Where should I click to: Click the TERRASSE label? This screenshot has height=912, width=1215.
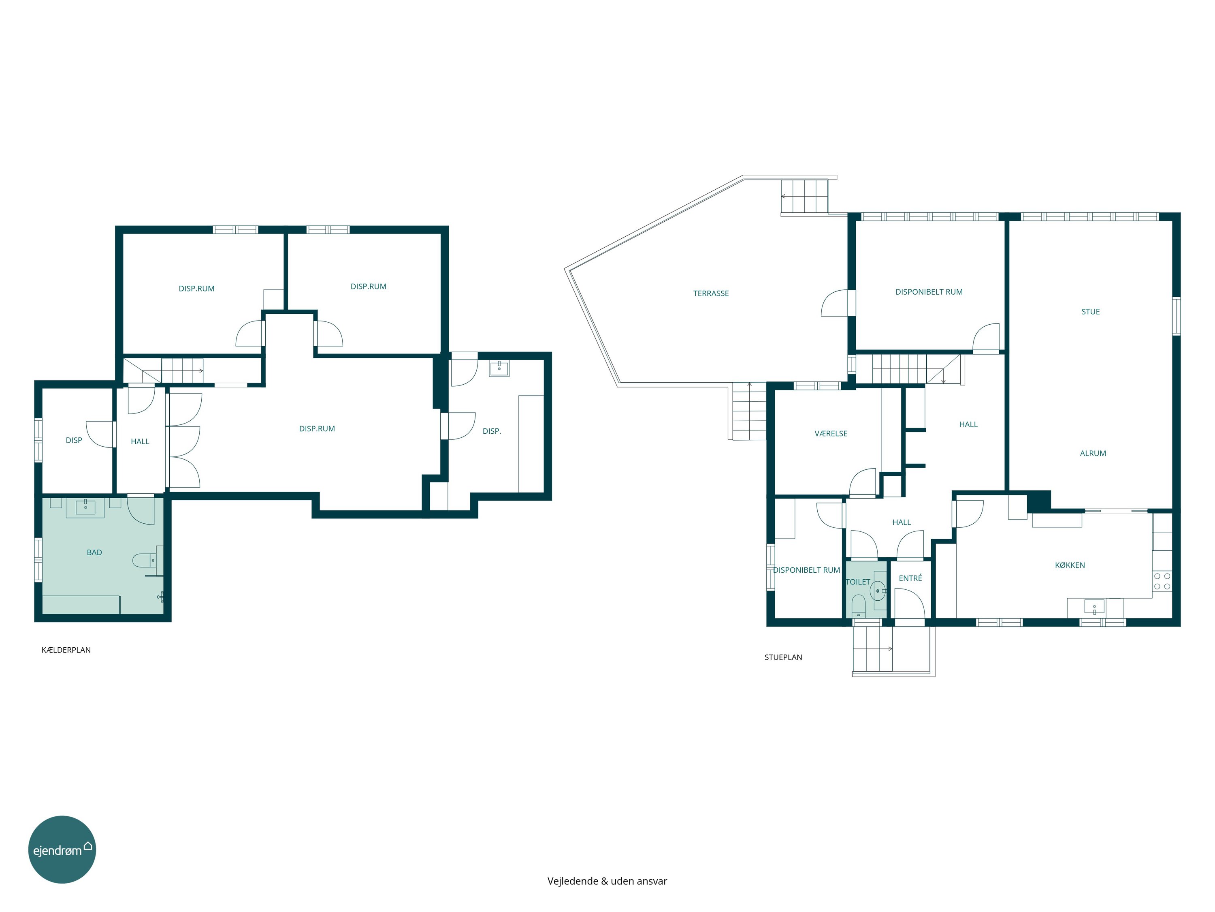(711, 293)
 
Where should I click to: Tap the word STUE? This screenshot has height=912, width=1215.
(1090, 312)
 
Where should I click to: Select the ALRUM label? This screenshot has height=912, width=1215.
(1093, 454)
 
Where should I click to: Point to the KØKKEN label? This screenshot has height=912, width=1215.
(1070, 565)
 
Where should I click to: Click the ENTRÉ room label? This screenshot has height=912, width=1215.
(910, 578)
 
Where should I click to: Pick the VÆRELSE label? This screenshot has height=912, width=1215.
(831, 434)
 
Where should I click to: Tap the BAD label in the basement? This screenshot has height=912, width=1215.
(94, 552)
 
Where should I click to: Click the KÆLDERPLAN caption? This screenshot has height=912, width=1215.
(66, 650)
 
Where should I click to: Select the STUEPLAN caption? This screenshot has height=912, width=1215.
(783, 657)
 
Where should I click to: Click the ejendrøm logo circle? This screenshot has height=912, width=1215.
(62, 849)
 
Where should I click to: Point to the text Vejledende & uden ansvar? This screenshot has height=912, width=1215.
(607, 881)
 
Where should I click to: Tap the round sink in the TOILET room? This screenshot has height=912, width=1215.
(878, 591)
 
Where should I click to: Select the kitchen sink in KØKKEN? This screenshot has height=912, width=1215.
(1094, 608)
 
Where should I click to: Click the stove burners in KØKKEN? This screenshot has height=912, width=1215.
(1162, 581)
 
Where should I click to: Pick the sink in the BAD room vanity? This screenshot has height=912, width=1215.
(85, 506)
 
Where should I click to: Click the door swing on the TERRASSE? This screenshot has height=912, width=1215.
(835, 303)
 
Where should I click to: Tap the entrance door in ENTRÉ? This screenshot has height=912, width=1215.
(910, 604)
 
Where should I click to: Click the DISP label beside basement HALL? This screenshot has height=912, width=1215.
(74, 440)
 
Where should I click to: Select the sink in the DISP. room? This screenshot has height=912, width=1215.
(499, 368)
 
